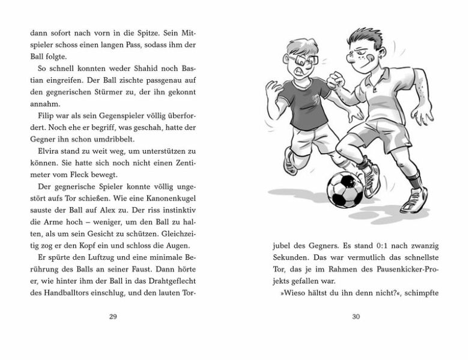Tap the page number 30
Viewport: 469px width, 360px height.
point(356,317)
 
